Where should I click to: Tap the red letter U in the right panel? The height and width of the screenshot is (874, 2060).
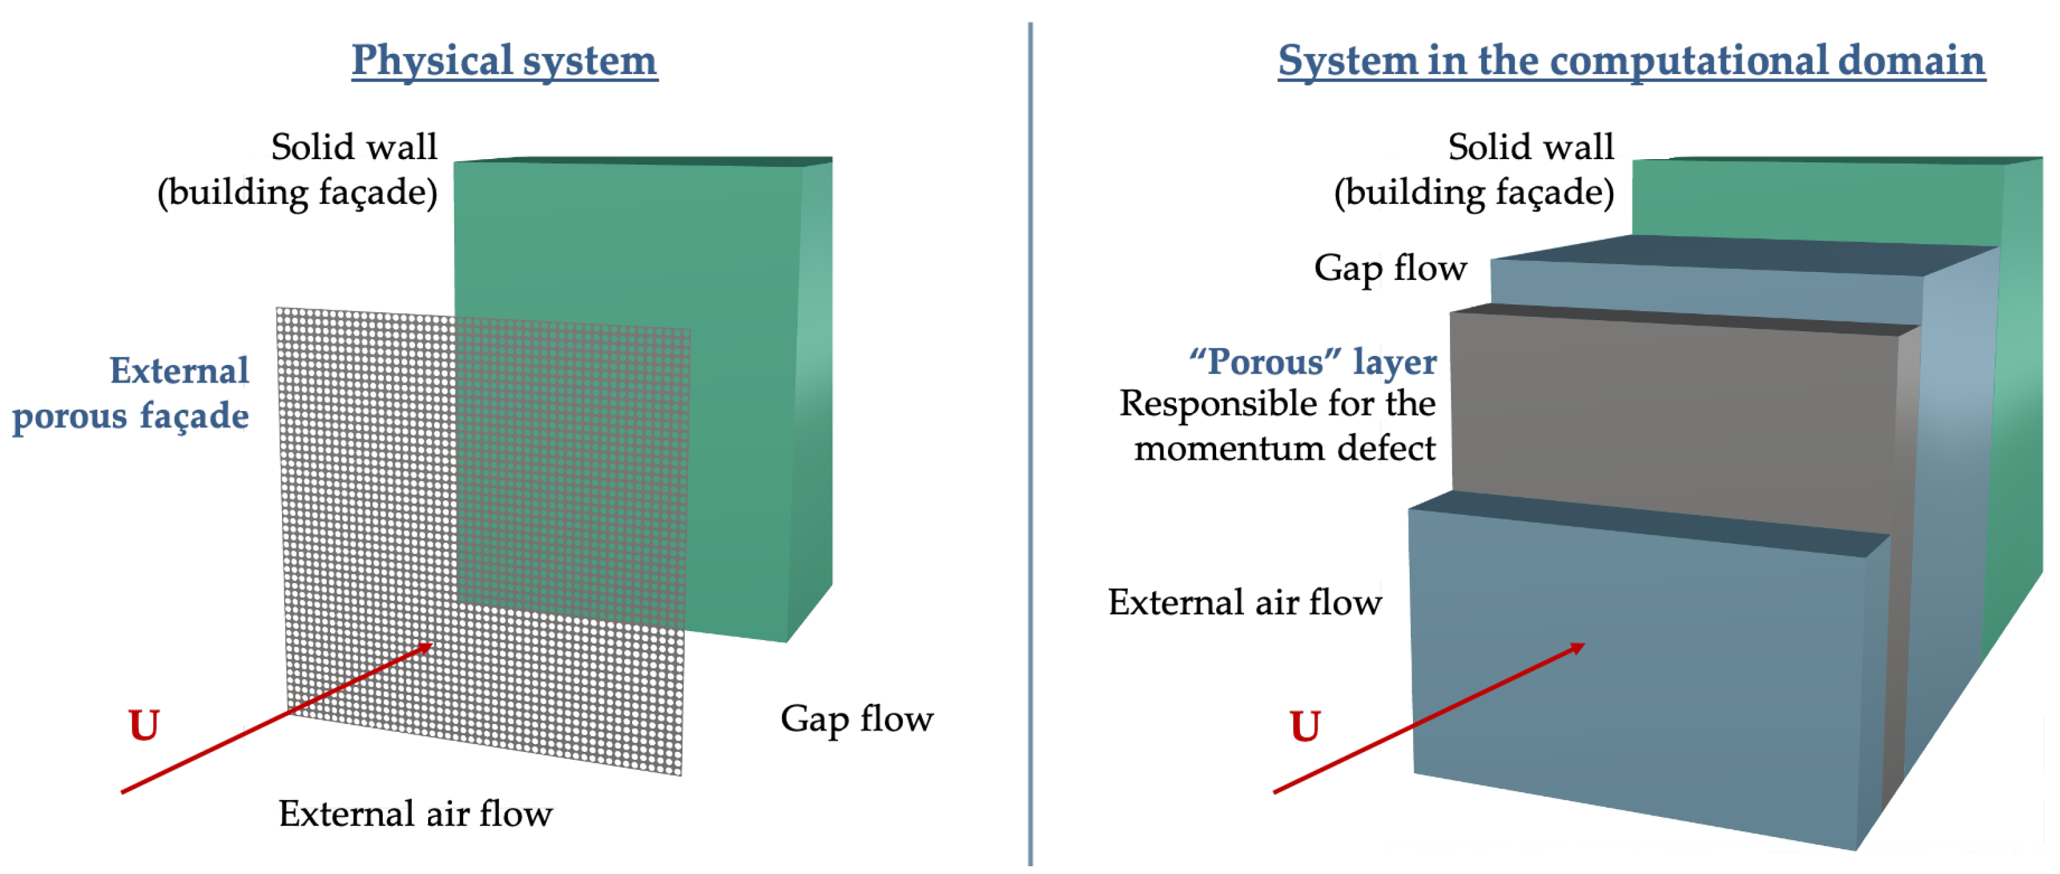click(x=1305, y=726)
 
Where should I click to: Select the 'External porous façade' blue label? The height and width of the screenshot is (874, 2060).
click(x=132, y=393)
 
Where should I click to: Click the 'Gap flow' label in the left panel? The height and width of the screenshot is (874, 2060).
click(x=856, y=719)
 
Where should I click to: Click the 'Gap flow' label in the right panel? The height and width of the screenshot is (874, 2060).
click(x=1390, y=268)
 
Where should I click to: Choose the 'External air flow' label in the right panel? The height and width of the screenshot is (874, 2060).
click(x=1244, y=602)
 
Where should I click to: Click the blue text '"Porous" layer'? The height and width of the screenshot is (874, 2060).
click(x=1312, y=362)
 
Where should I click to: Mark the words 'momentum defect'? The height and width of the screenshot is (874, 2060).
click(x=1284, y=448)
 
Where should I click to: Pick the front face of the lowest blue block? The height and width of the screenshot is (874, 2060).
click(x=1640, y=680)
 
